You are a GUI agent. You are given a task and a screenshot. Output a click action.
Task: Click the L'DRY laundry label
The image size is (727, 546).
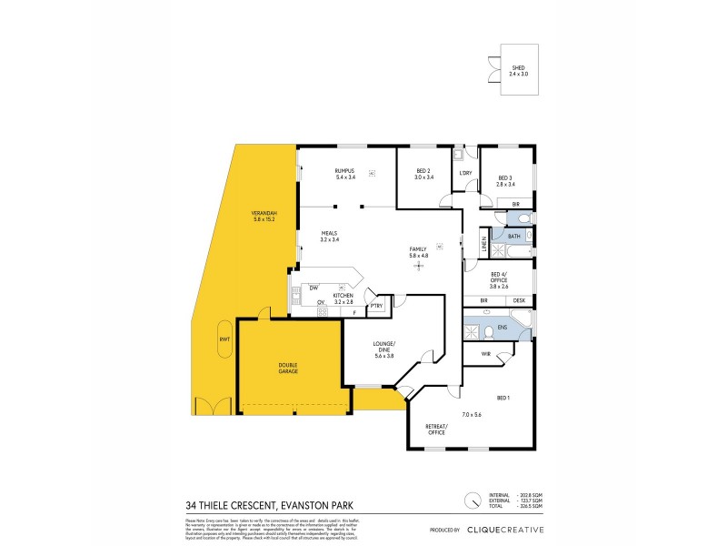coord(465,173)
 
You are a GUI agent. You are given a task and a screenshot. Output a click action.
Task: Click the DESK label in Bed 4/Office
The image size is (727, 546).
coord(519,300)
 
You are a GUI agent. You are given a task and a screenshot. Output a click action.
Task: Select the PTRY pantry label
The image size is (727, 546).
coord(375,306)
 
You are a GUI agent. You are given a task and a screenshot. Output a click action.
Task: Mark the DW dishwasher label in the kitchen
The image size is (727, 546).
coord(313,288)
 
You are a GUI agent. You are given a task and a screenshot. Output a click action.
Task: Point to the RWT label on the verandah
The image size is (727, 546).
coord(224,340)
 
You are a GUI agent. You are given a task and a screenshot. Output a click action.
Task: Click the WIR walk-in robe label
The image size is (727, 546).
coord(485,353)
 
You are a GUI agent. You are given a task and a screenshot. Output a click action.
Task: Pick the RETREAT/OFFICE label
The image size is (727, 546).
coord(437,430)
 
